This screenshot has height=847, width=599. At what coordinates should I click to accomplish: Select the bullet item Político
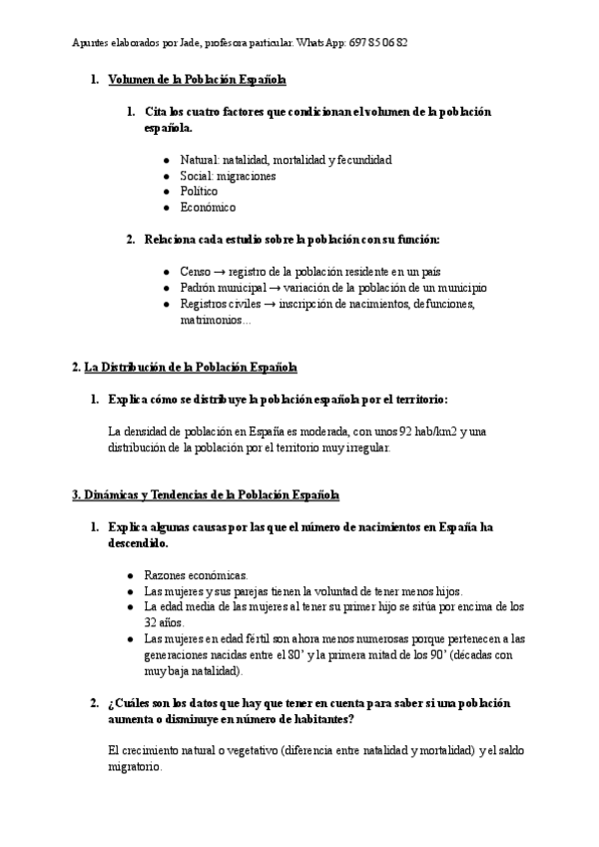(199, 192)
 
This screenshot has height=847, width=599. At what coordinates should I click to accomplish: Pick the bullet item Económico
(208, 208)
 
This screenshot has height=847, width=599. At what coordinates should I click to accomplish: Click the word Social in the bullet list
(197, 176)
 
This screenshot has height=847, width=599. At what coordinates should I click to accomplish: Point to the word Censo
(196, 272)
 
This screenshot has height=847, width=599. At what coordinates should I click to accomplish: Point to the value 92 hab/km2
(427, 431)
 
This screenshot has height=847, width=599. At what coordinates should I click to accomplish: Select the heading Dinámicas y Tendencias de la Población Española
(212, 495)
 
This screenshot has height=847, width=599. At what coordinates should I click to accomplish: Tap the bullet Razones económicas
(196, 575)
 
